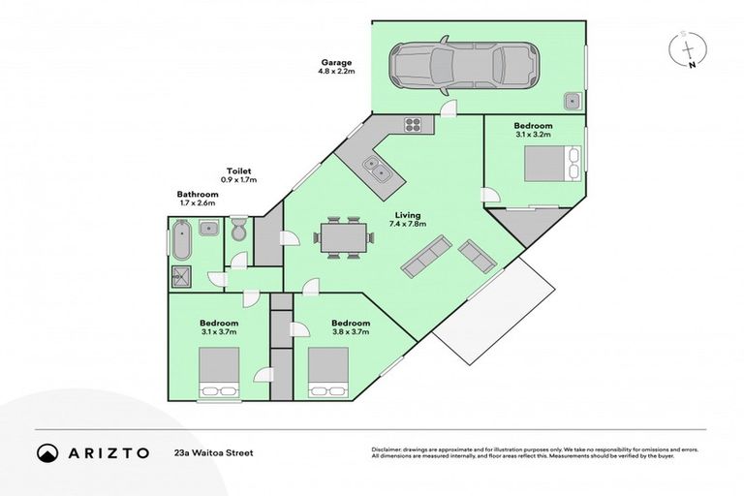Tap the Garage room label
click(x=336, y=66)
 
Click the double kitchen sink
click(x=377, y=170)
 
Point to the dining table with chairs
click(x=343, y=236)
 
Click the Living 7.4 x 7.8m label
click(x=407, y=220)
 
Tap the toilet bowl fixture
click(x=239, y=231)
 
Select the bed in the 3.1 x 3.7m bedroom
click(x=219, y=374)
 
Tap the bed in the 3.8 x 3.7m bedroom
click(x=327, y=374)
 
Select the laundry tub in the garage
click(x=573, y=98)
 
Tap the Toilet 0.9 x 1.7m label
click(x=239, y=175)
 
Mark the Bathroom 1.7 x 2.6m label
click(x=198, y=198)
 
